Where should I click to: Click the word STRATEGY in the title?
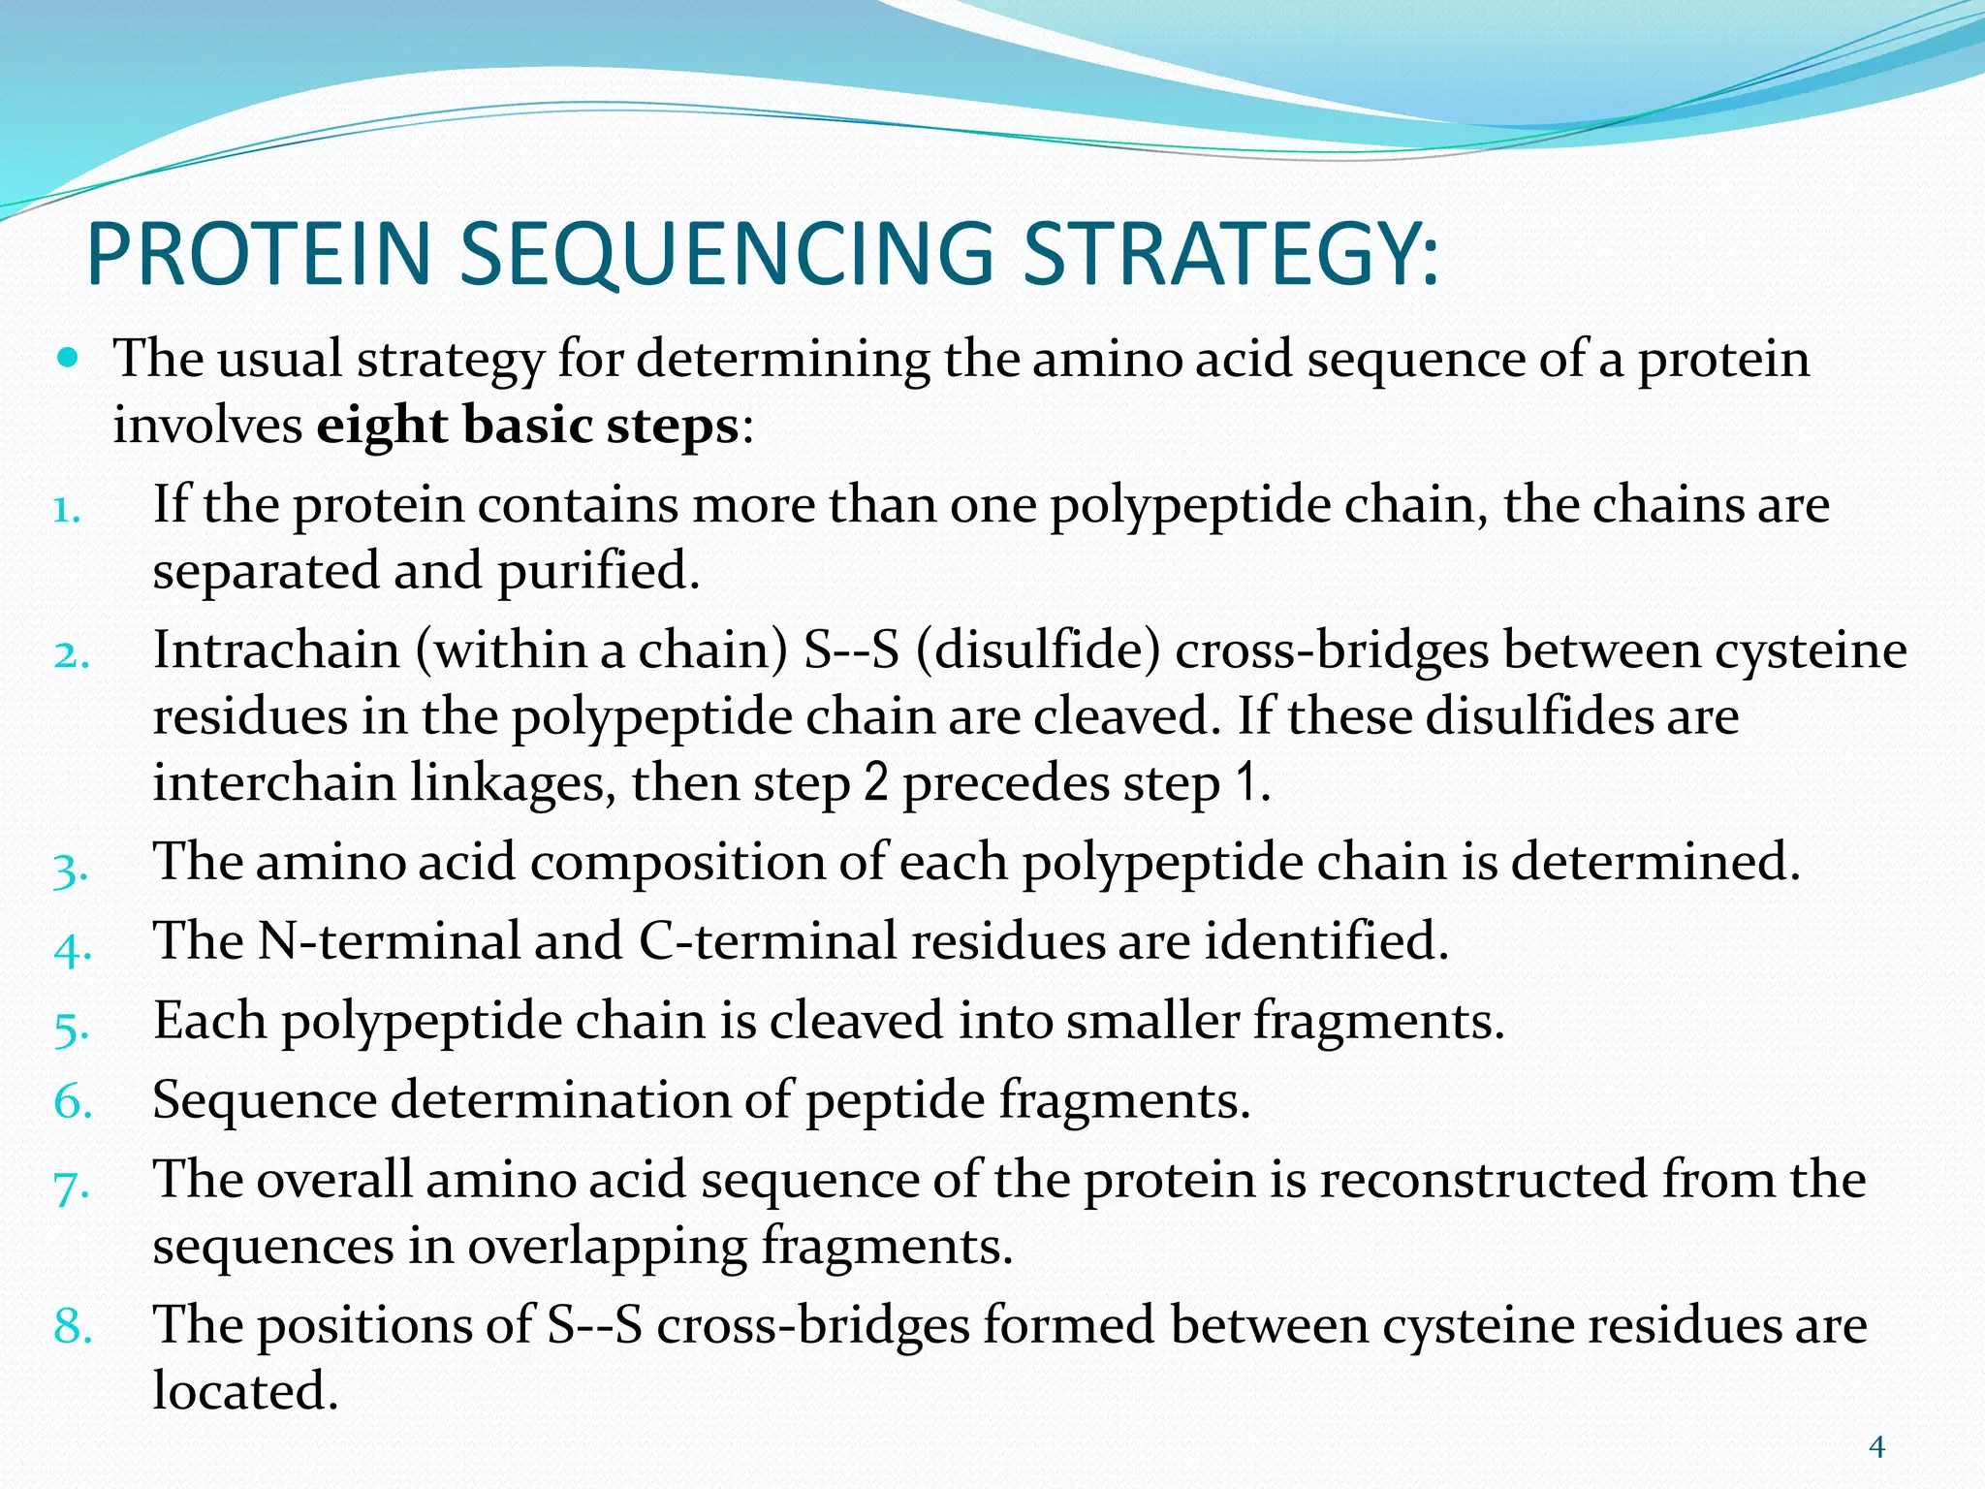[x=1231, y=254]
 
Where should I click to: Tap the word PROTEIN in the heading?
[x=258, y=254]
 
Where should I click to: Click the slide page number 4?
[x=1876, y=1447]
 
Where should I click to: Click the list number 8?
[x=73, y=1326]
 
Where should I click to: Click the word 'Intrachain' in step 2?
[x=276, y=649]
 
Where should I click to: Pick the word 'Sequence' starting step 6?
[x=265, y=1101]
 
